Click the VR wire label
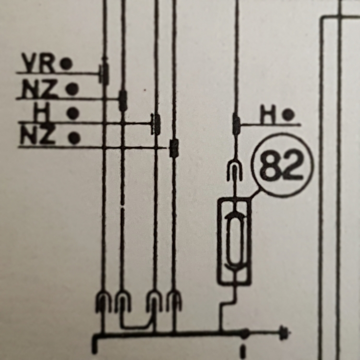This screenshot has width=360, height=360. pyautogui.click(x=38, y=63)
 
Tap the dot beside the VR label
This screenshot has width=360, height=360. pyautogui.click(x=66, y=63)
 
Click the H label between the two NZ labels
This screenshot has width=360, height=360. pyautogui.click(x=41, y=112)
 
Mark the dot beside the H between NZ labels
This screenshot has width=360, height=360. pyautogui.click(x=73, y=113)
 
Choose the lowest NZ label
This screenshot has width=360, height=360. pyautogui.click(x=38, y=135)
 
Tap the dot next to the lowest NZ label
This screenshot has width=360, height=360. pyautogui.click(x=74, y=138)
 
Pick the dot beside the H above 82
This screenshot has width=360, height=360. pyautogui.click(x=288, y=115)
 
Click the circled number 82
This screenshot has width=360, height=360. pyautogui.click(x=283, y=165)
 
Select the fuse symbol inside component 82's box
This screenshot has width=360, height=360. pyautogui.click(x=234, y=241)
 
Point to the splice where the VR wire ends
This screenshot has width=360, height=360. pyautogui.click(x=105, y=73)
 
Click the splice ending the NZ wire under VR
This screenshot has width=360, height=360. pyautogui.click(x=123, y=100)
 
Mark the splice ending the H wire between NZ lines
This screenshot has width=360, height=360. pyautogui.click(x=156, y=124)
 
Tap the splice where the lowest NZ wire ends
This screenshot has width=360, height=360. pyautogui.click(x=174, y=148)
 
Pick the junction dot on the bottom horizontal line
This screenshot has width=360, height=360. pyautogui.click(x=244, y=333)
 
